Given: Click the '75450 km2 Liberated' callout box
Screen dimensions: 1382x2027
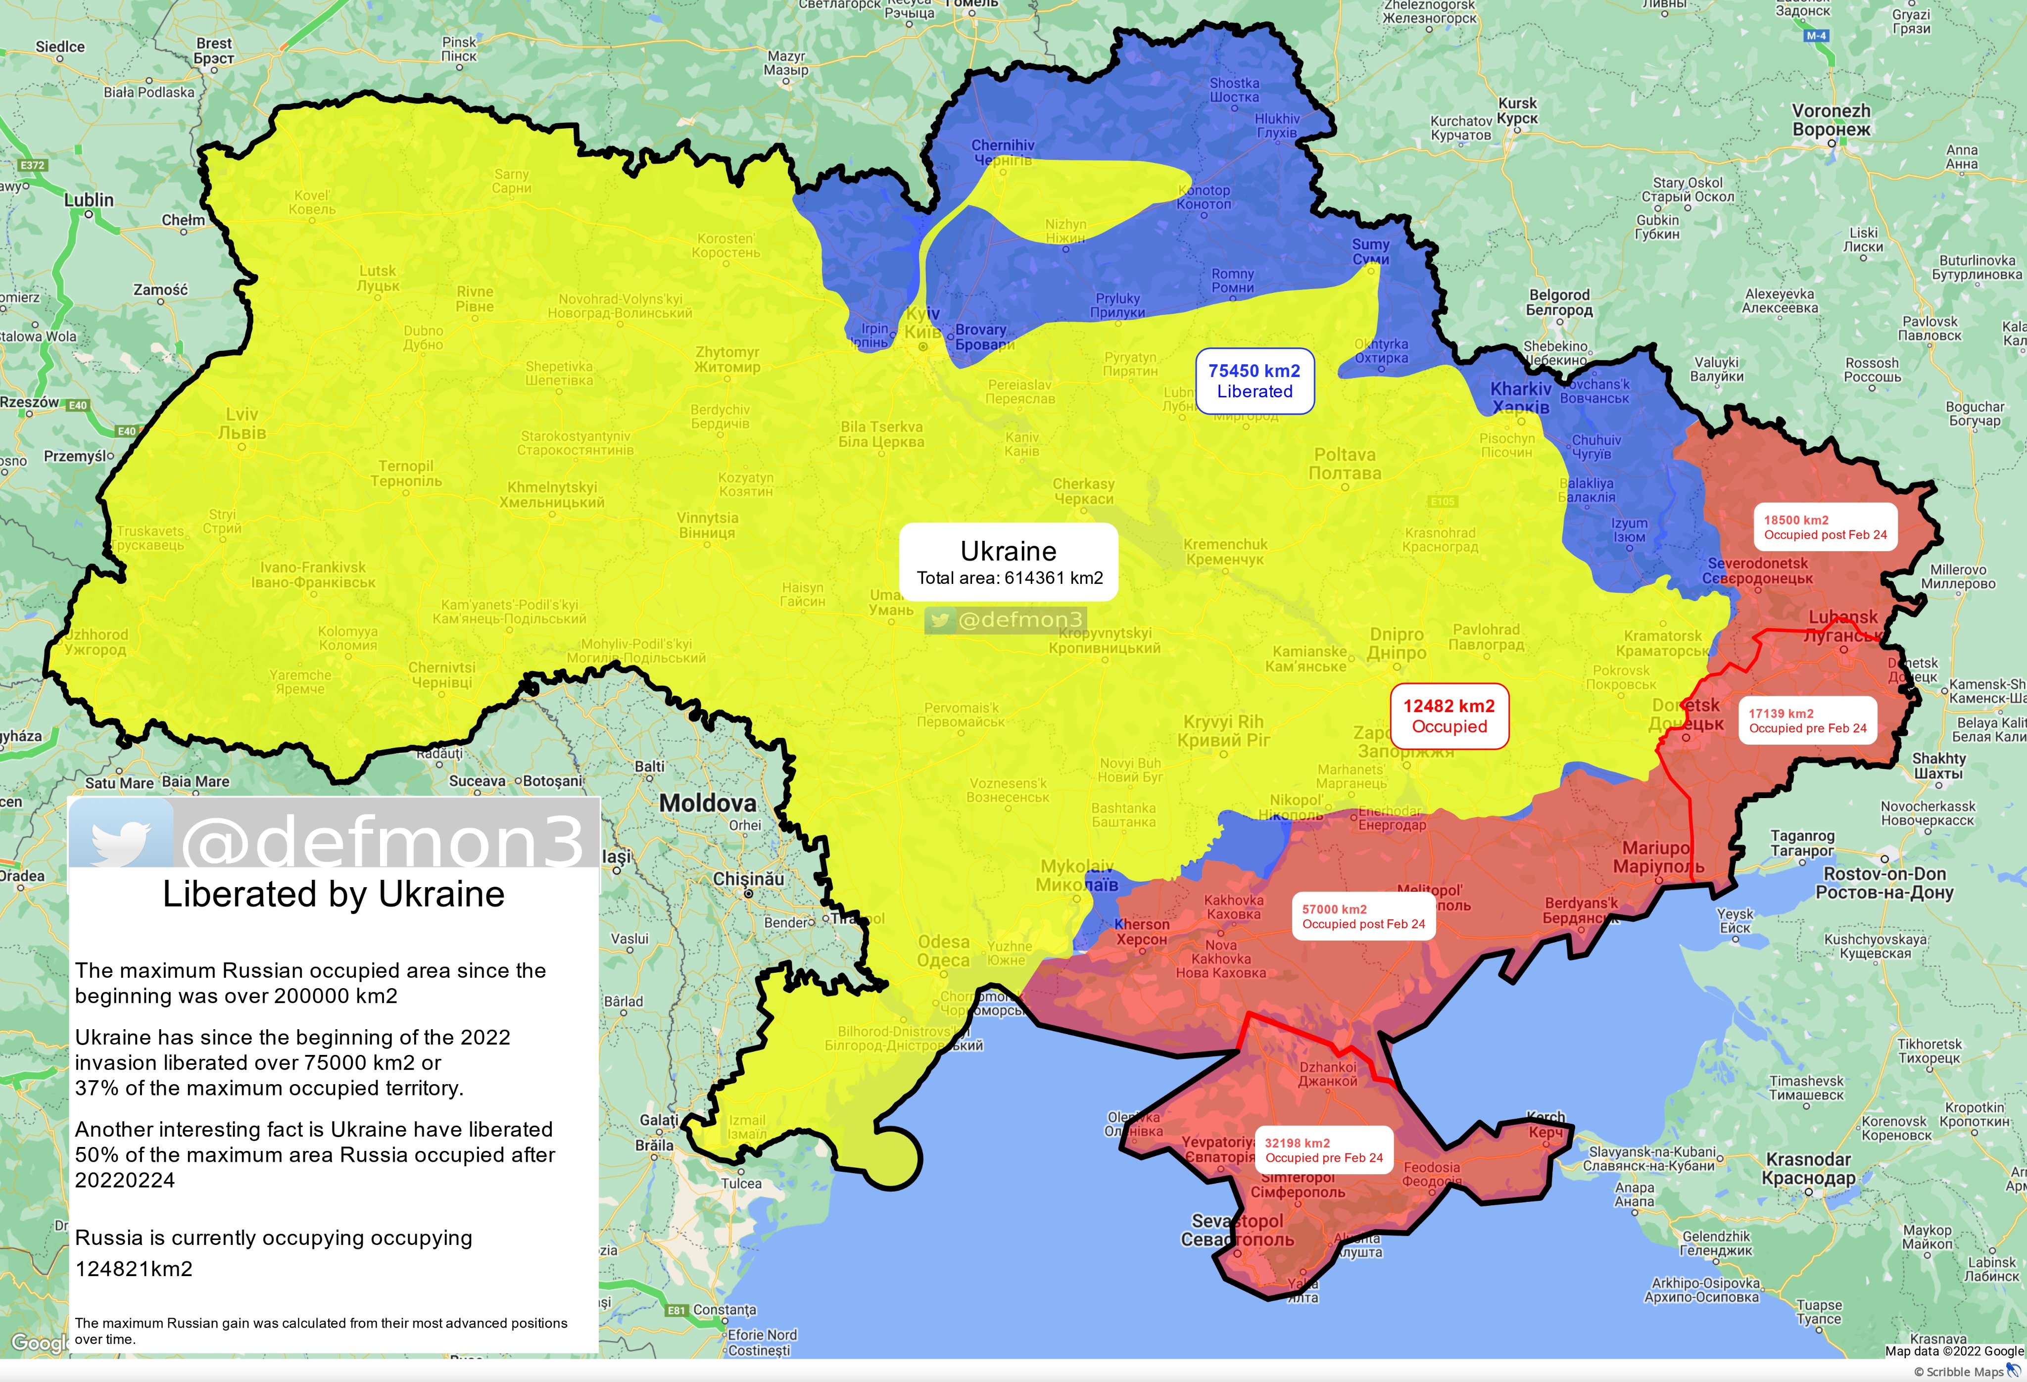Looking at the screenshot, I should tap(1254, 381).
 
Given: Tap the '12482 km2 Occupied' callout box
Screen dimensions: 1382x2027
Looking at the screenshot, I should tap(1448, 716).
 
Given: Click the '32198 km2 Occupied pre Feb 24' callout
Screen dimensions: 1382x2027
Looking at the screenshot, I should tap(1323, 1150).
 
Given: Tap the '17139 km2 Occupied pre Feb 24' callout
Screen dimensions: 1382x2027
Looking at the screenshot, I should tap(1807, 720).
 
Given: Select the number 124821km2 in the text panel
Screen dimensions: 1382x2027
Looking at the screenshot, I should tap(134, 1269).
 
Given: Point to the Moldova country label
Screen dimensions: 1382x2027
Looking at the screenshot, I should tap(707, 803).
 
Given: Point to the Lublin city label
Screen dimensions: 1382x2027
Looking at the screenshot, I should tap(89, 200).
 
